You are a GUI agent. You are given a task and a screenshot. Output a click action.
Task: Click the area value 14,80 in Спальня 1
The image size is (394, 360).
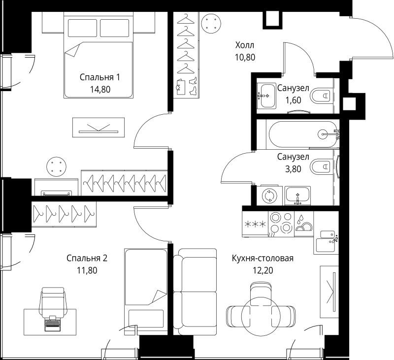[x=100, y=89]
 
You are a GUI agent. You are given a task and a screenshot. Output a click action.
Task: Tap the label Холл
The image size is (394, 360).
[x=244, y=45]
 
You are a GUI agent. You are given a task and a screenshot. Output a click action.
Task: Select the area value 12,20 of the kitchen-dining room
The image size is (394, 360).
[x=263, y=270]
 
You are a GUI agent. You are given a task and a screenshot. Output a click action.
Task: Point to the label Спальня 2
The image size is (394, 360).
[x=87, y=258]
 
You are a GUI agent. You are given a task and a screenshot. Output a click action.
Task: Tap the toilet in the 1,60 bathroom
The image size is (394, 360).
[x=320, y=96]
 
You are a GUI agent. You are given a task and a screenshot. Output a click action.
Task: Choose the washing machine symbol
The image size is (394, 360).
[x=269, y=196]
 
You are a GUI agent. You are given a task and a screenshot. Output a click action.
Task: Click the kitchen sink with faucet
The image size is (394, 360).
[x=326, y=241]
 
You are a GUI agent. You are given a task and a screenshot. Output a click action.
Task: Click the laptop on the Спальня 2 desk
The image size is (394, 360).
[x=53, y=324]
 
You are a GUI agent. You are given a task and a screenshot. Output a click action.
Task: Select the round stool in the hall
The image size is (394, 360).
[x=211, y=23]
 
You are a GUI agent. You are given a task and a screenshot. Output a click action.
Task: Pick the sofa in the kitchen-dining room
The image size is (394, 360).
[x=195, y=292]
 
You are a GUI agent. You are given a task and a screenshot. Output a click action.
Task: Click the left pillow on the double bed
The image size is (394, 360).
[x=82, y=28]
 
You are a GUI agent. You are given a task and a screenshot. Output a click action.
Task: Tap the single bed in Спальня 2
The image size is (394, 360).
[x=146, y=292]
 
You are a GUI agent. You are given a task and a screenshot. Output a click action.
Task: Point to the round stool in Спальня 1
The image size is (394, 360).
[x=57, y=166]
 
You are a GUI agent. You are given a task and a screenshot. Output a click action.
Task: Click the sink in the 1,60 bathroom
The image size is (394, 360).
[x=266, y=96]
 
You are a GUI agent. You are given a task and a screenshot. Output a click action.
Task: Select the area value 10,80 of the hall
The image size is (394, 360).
[x=245, y=57]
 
